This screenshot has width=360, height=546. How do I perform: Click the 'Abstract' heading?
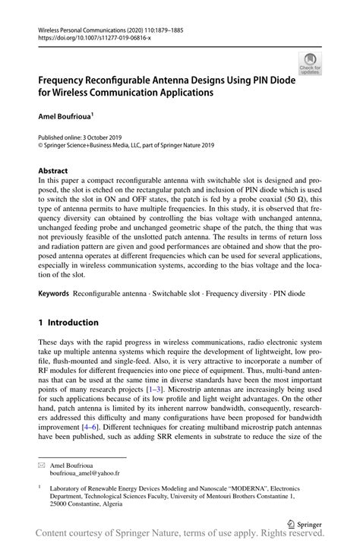(53, 171)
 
